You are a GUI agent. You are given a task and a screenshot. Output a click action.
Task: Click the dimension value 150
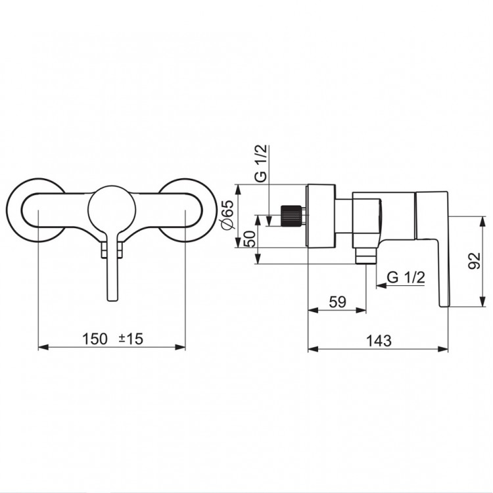(95, 339)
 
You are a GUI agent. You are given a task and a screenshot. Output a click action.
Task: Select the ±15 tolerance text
(131, 339)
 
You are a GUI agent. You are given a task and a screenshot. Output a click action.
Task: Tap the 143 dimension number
(379, 340)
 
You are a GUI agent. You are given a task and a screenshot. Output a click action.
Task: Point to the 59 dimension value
(337, 302)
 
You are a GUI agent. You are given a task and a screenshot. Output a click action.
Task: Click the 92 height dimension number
(474, 261)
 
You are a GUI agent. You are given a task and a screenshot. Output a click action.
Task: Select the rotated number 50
(249, 239)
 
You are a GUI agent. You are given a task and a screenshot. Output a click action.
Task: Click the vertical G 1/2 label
(261, 163)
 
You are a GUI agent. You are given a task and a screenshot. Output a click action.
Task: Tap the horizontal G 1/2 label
(406, 277)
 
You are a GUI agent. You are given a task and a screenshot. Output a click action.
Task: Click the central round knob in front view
(112, 210)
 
